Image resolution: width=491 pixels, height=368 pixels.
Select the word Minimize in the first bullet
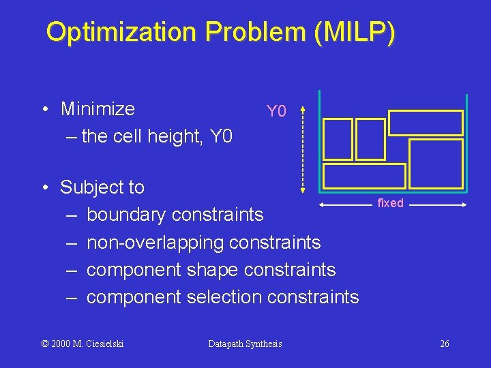point(98,109)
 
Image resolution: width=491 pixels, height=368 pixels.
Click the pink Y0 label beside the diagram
point(277,111)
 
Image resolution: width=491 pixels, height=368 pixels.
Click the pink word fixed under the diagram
point(390,203)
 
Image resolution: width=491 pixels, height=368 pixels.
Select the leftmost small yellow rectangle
point(338,139)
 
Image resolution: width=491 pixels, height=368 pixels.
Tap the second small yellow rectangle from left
point(370,139)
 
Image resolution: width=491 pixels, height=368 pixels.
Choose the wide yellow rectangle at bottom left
point(364,176)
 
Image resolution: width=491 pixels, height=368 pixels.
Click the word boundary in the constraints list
point(127,215)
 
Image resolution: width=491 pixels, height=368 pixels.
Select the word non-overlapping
point(156,242)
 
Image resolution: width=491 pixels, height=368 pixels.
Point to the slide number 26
point(444,343)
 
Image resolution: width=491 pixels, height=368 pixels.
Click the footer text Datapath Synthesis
point(245,343)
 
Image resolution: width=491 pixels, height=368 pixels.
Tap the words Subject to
point(102,187)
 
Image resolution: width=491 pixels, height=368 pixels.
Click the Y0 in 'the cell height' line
point(221,136)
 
